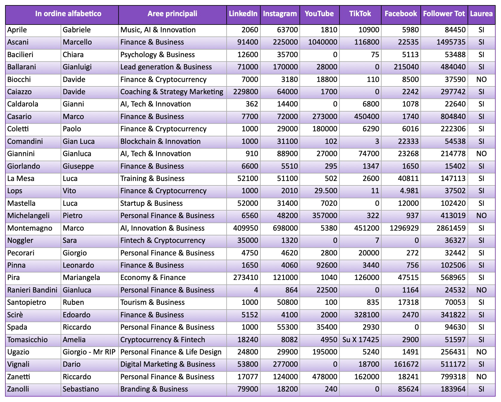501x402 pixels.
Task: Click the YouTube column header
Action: [x=319, y=14]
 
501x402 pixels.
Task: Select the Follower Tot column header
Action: [x=444, y=14]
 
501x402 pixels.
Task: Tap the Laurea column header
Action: [x=481, y=14]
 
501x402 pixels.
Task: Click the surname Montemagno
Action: [x=30, y=228]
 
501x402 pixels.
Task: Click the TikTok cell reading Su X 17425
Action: [x=361, y=340]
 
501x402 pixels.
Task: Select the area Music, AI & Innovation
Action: [x=158, y=30]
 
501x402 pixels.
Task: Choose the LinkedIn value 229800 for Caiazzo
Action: [x=245, y=92]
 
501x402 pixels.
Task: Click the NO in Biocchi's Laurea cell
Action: [x=481, y=80]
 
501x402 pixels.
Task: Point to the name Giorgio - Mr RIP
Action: [x=89, y=352]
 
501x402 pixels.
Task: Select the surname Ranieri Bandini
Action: [x=32, y=290]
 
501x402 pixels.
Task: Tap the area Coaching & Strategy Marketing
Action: [x=172, y=92]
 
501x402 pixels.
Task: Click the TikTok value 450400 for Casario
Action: [x=366, y=117]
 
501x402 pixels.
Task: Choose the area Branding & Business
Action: [x=154, y=389]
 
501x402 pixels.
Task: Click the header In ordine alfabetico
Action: [x=68, y=14]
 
